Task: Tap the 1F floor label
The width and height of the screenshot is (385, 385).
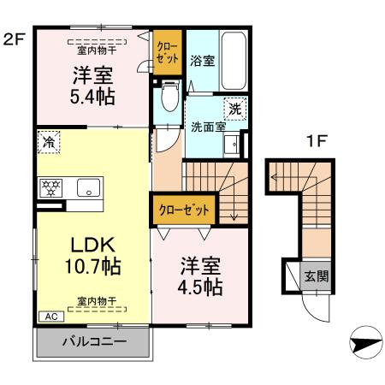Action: coord(316,144)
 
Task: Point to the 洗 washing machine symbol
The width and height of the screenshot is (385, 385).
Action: coord(235,110)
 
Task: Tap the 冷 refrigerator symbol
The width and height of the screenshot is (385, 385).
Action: coord(48,142)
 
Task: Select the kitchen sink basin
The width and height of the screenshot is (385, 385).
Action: coord(88,188)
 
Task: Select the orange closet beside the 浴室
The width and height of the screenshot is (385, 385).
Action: coord(168,53)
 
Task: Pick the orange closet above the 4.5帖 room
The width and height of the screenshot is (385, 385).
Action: coord(183,208)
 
